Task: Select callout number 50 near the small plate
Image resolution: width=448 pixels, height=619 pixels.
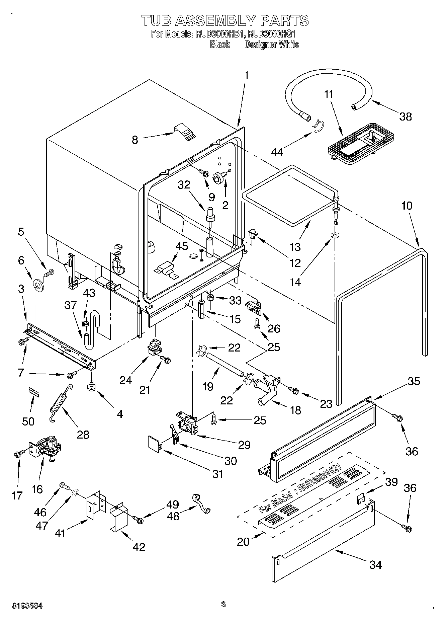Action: tap(28, 421)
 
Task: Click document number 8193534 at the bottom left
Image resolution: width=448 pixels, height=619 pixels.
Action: tap(27, 606)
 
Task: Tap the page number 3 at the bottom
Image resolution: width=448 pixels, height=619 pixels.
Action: tap(223, 604)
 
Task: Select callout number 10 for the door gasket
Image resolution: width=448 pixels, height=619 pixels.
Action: tap(407, 205)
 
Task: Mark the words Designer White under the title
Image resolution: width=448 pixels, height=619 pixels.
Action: tap(272, 44)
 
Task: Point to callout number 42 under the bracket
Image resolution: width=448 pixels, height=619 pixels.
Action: tap(139, 547)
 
